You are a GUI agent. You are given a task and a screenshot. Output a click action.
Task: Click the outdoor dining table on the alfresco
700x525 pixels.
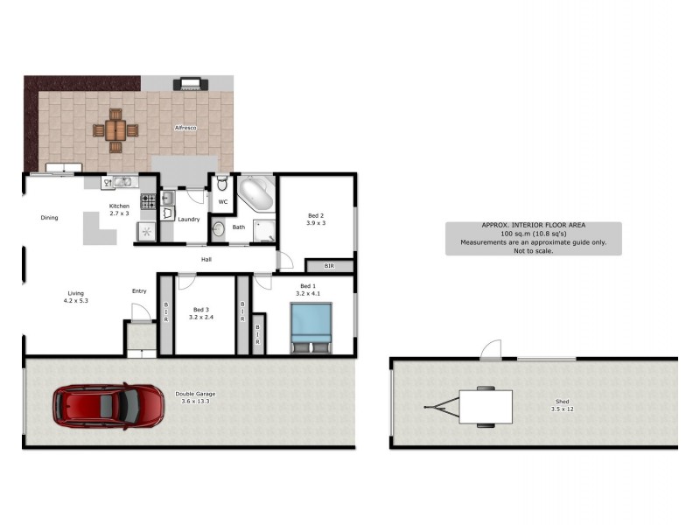click(x=115, y=130)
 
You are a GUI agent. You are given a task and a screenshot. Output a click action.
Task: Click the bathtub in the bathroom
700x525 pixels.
click(x=257, y=192)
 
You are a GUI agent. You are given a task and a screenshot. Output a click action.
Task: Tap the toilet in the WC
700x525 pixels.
click(x=222, y=185)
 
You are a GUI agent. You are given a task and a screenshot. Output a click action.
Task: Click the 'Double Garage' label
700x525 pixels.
click(x=195, y=395)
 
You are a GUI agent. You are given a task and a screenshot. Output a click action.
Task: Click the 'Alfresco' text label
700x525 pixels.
click(x=185, y=128)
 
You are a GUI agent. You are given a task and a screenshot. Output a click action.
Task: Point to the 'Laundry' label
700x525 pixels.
click(x=189, y=219)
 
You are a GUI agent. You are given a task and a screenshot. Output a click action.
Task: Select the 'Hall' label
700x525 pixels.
click(x=206, y=259)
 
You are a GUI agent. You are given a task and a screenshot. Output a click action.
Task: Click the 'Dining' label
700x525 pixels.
click(x=49, y=217)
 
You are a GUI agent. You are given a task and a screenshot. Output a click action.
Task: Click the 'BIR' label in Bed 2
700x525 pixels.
click(x=329, y=265)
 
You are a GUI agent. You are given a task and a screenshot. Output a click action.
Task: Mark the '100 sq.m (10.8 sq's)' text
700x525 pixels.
click(x=533, y=234)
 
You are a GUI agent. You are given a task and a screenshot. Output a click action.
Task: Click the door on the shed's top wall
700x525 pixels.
click(x=492, y=349)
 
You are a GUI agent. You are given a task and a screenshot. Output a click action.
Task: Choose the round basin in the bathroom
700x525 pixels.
click(x=218, y=229)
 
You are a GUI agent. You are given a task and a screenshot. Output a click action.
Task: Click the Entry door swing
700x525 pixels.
click(x=138, y=311)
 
